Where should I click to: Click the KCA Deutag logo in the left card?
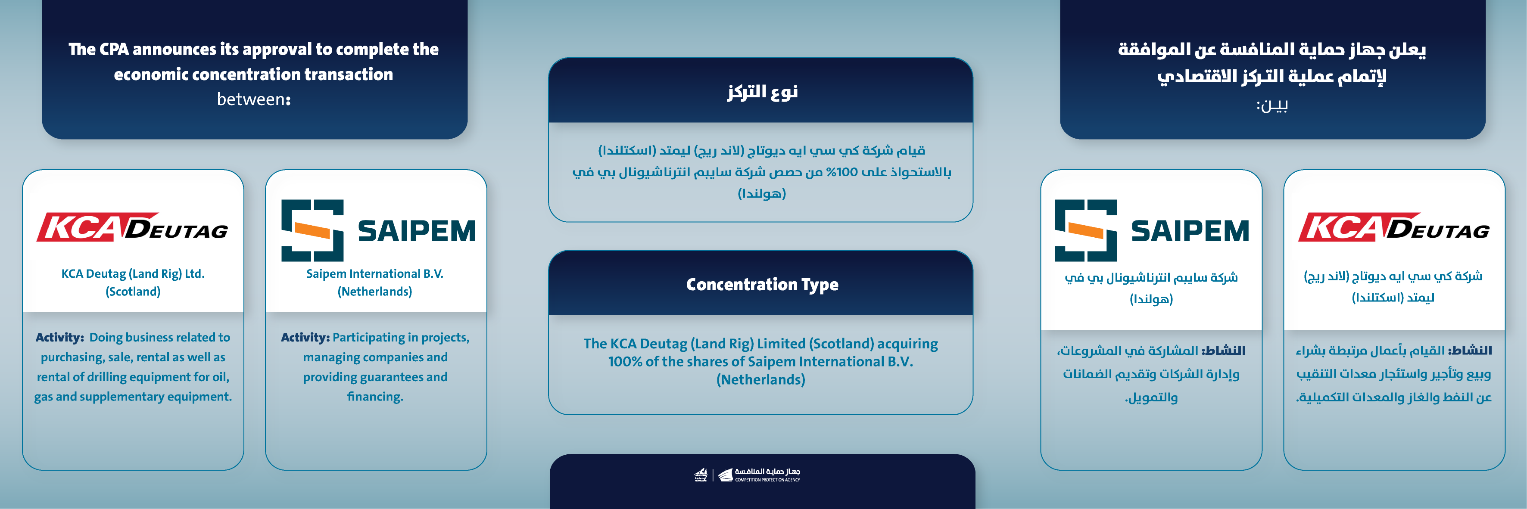pos(133,227)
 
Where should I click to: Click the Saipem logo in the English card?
pos(377,230)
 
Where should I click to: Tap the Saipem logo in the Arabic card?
pos(1151,230)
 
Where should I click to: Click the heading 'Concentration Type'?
pos(762,284)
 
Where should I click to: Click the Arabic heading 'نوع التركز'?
pos(762,92)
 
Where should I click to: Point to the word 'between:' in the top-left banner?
pos(254,99)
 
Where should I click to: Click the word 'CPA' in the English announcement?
pos(115,49)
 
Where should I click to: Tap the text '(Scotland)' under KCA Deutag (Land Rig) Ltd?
pos(133,292)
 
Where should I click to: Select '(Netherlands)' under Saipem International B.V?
pos(374,292)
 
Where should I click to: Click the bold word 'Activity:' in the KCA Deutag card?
pos(60,338)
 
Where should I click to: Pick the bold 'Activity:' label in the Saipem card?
pos(305,338)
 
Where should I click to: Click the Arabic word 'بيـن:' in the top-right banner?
pos(1271,106)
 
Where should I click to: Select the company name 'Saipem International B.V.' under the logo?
pos(374,274)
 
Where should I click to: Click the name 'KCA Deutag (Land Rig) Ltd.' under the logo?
pos(133,274)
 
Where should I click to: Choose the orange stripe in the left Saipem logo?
pos(312,231)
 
